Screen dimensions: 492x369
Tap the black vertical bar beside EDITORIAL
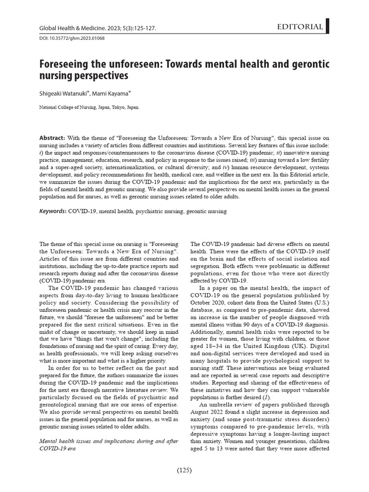tap(327, 27)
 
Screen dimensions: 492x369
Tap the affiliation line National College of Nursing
tap(89, 109)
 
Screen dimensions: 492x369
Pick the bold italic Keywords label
tap(52, 211)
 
